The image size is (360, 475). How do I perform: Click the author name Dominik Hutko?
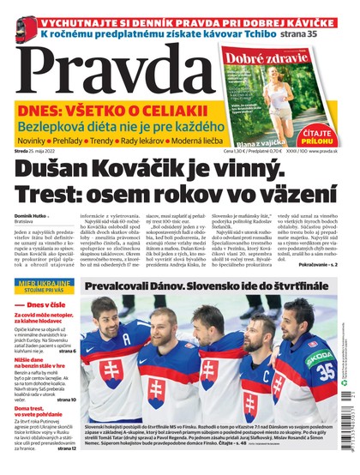click(30, 215)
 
